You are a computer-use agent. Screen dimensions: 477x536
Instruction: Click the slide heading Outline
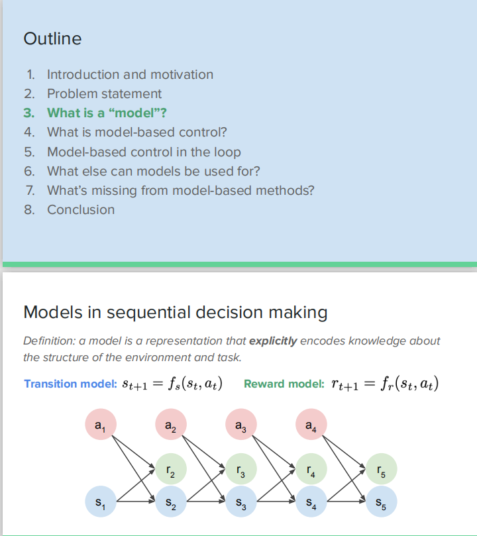(x=52, y=38)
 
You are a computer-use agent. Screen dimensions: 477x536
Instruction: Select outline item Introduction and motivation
(x=130, y=75)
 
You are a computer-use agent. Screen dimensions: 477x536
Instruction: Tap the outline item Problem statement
(x=104, y=94)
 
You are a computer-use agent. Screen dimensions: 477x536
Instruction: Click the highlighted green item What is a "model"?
(x=107, y=113)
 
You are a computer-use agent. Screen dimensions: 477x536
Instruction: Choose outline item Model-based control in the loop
(x=144, y=152)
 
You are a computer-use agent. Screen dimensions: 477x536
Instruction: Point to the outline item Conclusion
(x=81, y=209)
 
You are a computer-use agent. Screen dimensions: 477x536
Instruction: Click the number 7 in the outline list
(x=29, y=190)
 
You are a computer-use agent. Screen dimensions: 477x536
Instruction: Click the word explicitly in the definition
(x=272, y=341)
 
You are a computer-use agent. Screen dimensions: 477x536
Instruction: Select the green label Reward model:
(x=284, y=384)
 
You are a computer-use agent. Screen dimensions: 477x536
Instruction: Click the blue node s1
(x=101, y=502)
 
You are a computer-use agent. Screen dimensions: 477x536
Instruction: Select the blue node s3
(x=241, y=502)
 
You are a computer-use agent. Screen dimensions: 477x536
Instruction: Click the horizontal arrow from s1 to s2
(x=136, y=502)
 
